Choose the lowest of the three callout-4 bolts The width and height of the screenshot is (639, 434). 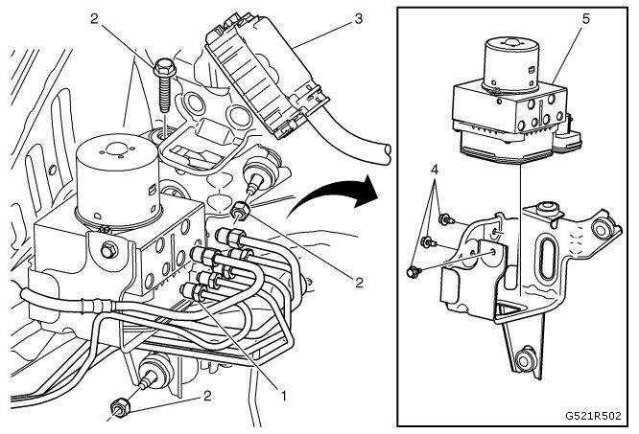pos(414,273)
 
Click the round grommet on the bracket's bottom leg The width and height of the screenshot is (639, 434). pos(526,362)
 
